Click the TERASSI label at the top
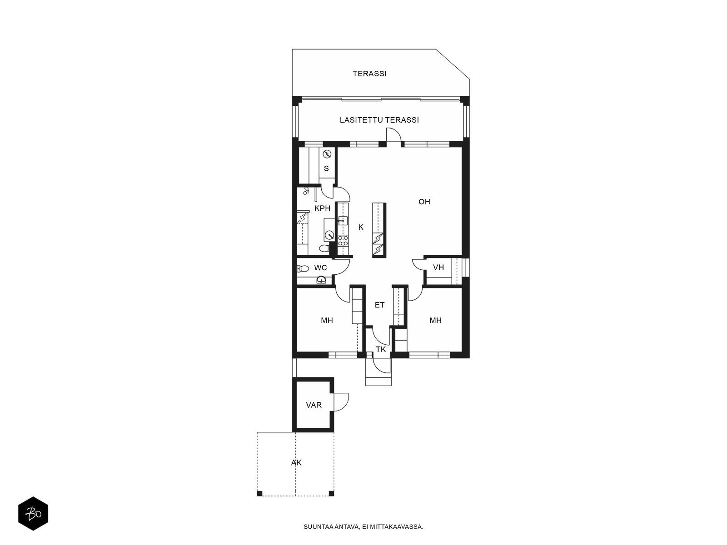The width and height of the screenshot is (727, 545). coord(369,74)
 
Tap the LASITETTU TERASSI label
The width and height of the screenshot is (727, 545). coord(379,120)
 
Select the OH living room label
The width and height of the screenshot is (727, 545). coord(424,202)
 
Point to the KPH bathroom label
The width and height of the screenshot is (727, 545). coord(322,208)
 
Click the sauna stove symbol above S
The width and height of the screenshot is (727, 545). coord(327,154)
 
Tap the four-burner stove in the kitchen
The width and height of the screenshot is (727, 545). coord(343,241)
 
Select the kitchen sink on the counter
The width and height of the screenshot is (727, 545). coord(343,220)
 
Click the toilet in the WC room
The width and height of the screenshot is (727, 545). coord(303,268)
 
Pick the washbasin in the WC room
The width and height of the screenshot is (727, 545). coord(321,280)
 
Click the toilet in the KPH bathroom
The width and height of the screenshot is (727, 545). coord(324,248)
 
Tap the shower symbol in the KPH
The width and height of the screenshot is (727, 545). coord(306,191)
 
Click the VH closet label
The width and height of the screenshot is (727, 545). coord(438,268)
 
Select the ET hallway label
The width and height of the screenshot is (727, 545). coord(379,305)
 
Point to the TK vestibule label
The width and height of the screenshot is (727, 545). coord(381,349)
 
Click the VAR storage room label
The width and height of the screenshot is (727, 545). coord(314,405)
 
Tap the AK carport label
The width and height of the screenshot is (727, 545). coord(296,463)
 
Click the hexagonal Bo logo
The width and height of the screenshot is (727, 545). coord(33,514)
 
